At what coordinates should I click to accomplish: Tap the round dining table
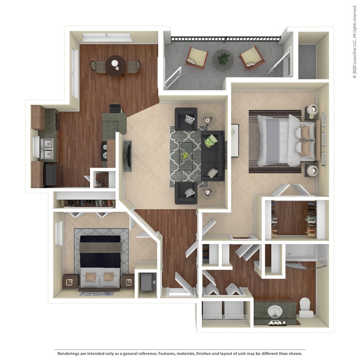115,65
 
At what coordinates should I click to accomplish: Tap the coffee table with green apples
186,155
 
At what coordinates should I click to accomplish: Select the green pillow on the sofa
211,140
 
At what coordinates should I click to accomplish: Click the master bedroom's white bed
282,141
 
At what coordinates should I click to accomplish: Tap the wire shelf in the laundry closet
224,318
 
